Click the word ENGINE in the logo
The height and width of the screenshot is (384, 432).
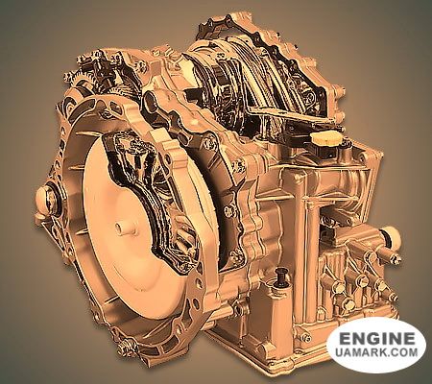376,339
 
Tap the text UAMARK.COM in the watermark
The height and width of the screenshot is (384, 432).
376,352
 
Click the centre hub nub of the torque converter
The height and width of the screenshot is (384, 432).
120,228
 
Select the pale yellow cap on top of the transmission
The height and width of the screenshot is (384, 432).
325,138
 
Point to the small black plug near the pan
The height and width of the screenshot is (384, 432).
280,276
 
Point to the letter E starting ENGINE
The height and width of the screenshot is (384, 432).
345,339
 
